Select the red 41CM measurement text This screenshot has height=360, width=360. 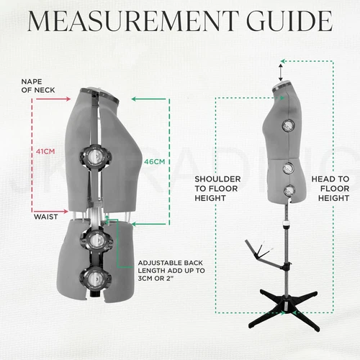[x=45, y=151]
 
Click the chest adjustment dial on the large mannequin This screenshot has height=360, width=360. [x=95, y=156]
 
